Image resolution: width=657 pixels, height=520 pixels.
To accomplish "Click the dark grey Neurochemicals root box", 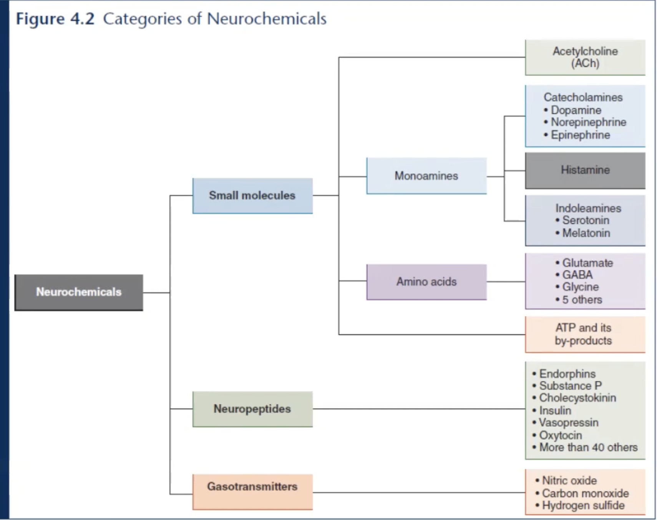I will coord(79,292).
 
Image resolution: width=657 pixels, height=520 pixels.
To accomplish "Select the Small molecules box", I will coord(252,195).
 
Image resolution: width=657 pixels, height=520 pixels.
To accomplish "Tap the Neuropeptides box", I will coord(252,409).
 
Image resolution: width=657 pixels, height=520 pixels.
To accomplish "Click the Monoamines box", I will coord(426,176).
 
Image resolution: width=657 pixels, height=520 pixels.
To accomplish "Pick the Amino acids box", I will coord(426,282).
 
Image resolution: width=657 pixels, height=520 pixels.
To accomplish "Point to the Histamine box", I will coord(585,170).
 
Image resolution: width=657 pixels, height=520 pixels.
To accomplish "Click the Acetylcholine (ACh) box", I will coord(585,57).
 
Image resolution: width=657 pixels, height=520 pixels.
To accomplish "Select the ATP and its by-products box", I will coord(585,334).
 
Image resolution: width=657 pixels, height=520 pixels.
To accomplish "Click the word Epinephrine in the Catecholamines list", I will coord(580,135).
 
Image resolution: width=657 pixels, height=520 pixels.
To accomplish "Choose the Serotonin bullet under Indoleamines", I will coord(586,220).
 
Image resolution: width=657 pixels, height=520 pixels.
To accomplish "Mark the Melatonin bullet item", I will coord(586,233).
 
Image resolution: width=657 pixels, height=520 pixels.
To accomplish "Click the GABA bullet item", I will coord(577,275).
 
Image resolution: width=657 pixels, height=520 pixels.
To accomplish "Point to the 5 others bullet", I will coord(582,300).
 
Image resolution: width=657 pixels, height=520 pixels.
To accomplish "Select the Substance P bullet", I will coord(570,386).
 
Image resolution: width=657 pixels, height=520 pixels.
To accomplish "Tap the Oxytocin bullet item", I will coord(560,435).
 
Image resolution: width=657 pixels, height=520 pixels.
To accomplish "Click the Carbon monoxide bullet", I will coord(585,493).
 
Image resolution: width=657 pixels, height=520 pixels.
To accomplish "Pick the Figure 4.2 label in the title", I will coord(55,19).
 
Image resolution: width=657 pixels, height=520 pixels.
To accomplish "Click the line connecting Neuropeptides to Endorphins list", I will coord(419,409).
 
